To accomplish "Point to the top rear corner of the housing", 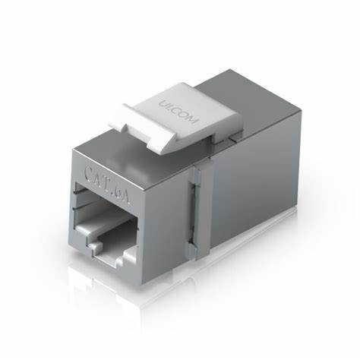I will (x=261, y=73).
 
